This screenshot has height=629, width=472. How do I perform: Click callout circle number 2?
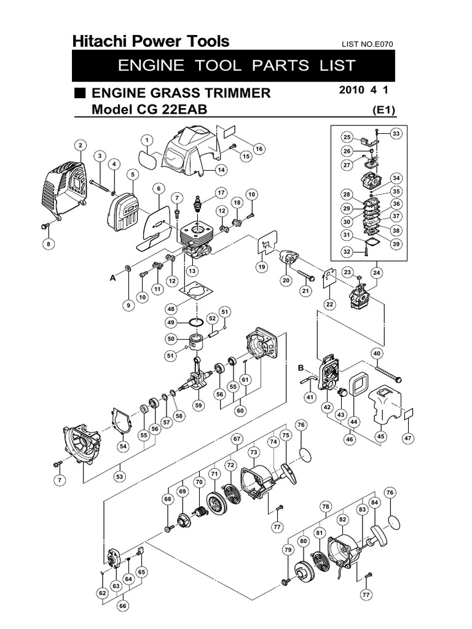tap(79, 146)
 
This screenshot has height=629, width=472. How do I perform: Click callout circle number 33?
tap(395, 134)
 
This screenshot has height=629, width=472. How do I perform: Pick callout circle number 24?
tap(376, 272)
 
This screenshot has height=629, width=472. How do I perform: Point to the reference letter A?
tap(112, 278)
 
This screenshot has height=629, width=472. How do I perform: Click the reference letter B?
tap(301, 367)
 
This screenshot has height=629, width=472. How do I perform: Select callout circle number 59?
tap(198, 405)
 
